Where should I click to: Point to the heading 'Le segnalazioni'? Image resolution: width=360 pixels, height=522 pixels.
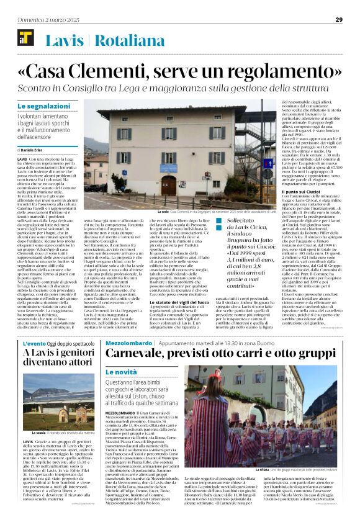pos(40,107)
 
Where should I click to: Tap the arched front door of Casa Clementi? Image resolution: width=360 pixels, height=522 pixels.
pos(168,184)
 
